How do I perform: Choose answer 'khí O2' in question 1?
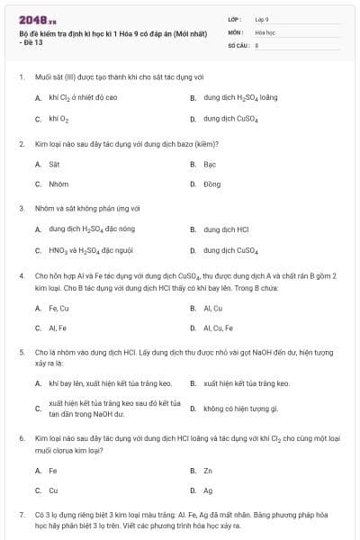pyautogui.click(x=58, y=118)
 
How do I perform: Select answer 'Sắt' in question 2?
pyautogui.click(x=54, y=164)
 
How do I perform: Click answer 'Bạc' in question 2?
pyautogui.click(x=210, y=164)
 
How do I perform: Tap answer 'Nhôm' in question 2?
pyautogui.click(x=58, y=184)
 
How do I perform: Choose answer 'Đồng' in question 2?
pyautogui.click(x=211, y=184)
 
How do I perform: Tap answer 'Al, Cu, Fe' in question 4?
pyautogui.click(x=218, y=328)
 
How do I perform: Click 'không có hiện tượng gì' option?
pyautogui.click(x=240, y=409)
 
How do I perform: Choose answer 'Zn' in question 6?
pyautogui.click(x=208, y=470)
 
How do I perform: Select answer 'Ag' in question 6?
pyautogui.click(x=208, y=490)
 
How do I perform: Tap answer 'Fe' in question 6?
pyautogui.click(x=53, y=470)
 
